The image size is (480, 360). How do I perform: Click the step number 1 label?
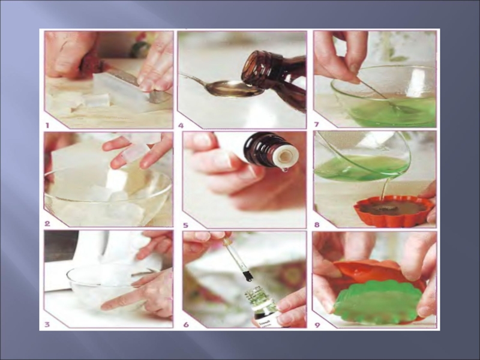tap(47, 125)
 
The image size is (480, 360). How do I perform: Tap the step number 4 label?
tap(181, 125)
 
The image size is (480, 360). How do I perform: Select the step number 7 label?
tap(317, 124)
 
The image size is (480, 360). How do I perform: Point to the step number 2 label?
tap(47, 224)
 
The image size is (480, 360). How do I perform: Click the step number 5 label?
tap(185, 226)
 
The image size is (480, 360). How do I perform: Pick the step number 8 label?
tap(317, 225)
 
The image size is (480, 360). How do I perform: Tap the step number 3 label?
tap(47, 324)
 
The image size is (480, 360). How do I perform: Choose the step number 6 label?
tap(186, 325)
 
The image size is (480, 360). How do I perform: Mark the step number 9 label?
tap(317, 325)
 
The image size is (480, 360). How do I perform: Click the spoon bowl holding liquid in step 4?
tap(234, 89)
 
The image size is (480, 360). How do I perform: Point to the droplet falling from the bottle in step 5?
tap(285, 169)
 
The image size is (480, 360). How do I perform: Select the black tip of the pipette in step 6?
tap(248, 275)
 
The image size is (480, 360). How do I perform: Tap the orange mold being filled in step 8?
tap(394, 211)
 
